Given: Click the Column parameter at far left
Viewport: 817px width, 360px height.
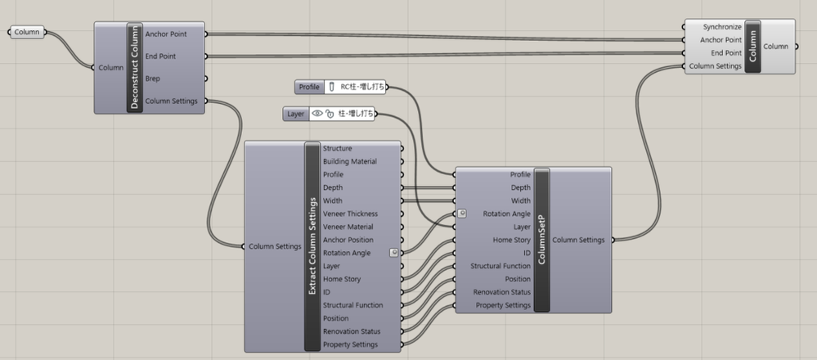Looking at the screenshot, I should click(x=26, y=33).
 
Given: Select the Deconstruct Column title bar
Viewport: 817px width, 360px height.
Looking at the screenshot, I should click(x=134, y=68).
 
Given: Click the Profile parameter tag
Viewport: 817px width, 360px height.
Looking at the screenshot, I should click(x=309, y=87).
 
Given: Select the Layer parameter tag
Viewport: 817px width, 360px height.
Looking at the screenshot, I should click(x=296, y=114).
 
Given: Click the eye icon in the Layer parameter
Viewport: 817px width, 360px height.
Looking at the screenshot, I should click(x=317, y=114).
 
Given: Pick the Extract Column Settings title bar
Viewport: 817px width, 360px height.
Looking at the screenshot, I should click(x=312, y=246).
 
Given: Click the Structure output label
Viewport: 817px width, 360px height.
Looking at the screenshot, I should click(x=338, y=148).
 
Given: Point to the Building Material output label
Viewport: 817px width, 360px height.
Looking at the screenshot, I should click(x=350, y=161).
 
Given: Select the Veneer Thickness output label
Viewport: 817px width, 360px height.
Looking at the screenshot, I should click(x=350, y=214).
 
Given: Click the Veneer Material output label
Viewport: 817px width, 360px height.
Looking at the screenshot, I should click(x=348, y=227).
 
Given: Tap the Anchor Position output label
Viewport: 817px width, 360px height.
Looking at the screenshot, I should click(x=348, y=240).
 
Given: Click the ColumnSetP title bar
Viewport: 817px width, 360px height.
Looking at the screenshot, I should click(x=541, y=240).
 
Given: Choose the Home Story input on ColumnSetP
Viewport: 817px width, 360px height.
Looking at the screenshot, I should click(x=512, y=240).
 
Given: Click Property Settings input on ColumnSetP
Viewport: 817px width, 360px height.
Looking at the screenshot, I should click(x=503, y=305).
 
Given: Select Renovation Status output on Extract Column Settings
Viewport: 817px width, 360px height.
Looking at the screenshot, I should click(x=351, y=331).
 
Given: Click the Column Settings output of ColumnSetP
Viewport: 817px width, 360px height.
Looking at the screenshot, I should click(x=578, y=240).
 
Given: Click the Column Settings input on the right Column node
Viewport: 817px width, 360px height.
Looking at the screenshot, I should click(x=716, y=66).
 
